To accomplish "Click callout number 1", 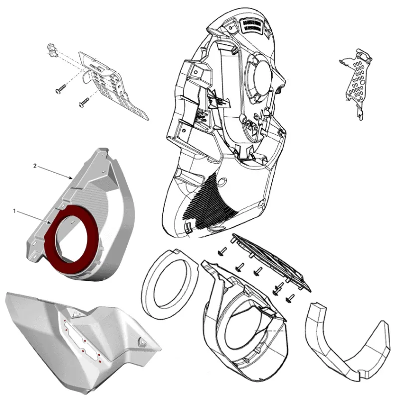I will (15, 211).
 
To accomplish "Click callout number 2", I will (34, 165).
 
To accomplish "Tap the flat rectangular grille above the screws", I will (272, 259).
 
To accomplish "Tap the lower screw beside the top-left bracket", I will (83, 103).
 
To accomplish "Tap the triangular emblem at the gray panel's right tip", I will (143, 343).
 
